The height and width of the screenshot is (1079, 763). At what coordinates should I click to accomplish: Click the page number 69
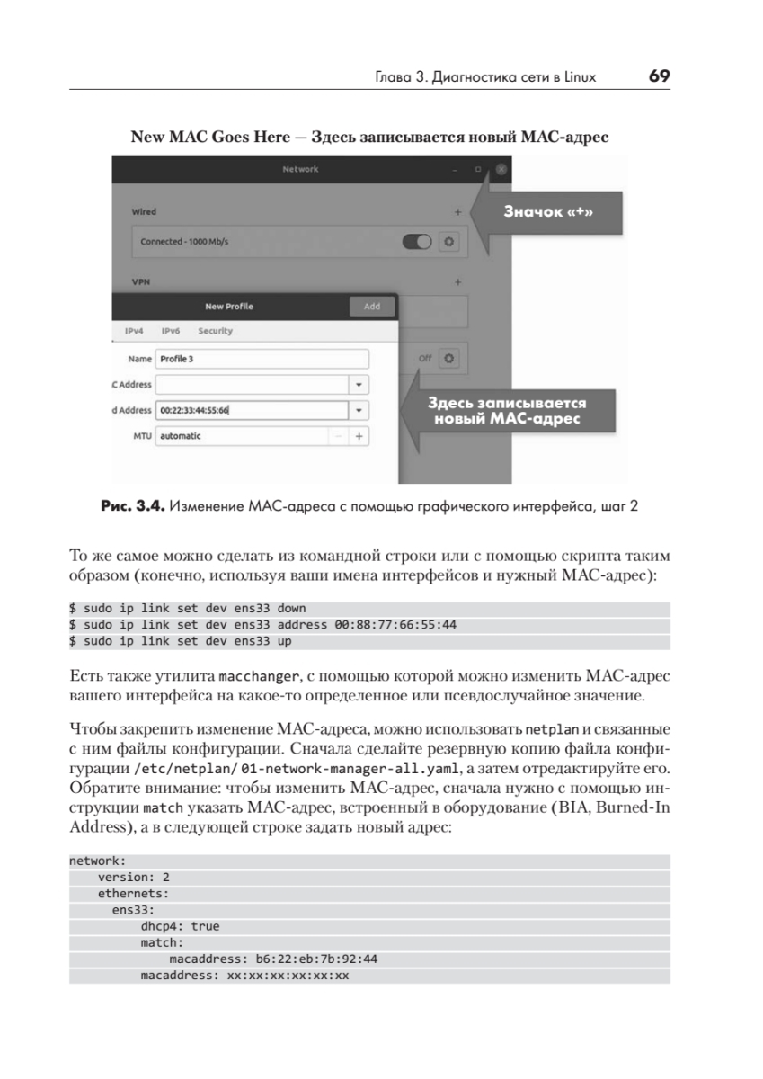click(659, 76)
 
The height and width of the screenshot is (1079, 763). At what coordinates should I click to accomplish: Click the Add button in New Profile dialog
click(371, 307)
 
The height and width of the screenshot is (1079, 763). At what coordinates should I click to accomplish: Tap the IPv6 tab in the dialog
click(171, 331)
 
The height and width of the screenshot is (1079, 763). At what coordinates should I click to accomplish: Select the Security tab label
click(215, 331)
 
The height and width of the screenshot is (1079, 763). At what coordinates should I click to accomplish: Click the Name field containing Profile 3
click(262, 359)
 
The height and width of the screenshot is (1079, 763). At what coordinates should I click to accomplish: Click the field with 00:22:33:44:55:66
click(252, 410)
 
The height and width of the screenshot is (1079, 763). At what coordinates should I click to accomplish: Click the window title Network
click(300, 169)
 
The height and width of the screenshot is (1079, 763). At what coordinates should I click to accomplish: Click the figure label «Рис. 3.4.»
click(132, 506)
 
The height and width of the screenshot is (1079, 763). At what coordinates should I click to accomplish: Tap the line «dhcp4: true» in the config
click(180, 926)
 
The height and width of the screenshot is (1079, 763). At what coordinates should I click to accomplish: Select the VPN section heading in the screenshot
click(141, 281)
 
